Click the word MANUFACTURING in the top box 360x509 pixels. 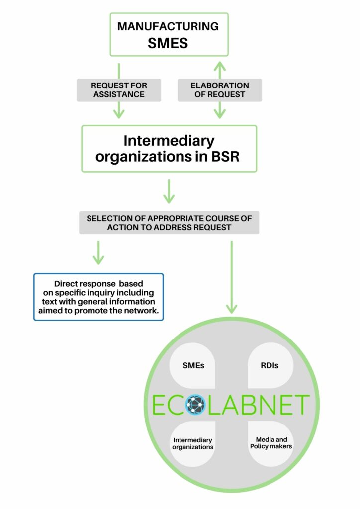pyautogui.click(x=168, y=26)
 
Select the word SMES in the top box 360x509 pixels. pyautogui.click(x=168, y=43)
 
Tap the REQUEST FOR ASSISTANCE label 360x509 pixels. pyautogui.click(x=119, y=90)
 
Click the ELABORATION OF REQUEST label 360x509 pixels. pyautogui.click(x=220, y=90)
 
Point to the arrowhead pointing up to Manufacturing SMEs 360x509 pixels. pyautogui.click(x=220, y=66)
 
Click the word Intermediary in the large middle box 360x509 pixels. pyautogui.click(x=169, y=141)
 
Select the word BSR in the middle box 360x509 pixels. pyautogui.click(x=225, y=157)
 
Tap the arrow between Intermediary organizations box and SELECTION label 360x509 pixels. pyautogui.click(x=169, y=191)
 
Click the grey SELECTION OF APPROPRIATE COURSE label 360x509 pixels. pyautogui.click(x=169, y=223)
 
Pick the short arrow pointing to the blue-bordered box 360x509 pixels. pyautogui.click(x=98, y=253)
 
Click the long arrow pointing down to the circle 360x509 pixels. pyautogui.click(x=231, y=277)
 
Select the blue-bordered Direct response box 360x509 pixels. pyautogui.click(x=98, y=297)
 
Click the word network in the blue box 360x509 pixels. pyautogui.click(x=145, y=311)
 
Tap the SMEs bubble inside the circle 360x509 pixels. pyautogui.click(x=192, y=365)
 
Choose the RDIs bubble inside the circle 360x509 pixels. pyautogui.click(x=270, y=365)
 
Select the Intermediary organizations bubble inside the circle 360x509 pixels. pyautogui.click(x=192, y=444)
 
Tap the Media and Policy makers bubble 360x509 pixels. pyautogui.click(x=270, y=444)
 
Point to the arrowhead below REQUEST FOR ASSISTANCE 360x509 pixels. pyautogui.click(x=119, y=113)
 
